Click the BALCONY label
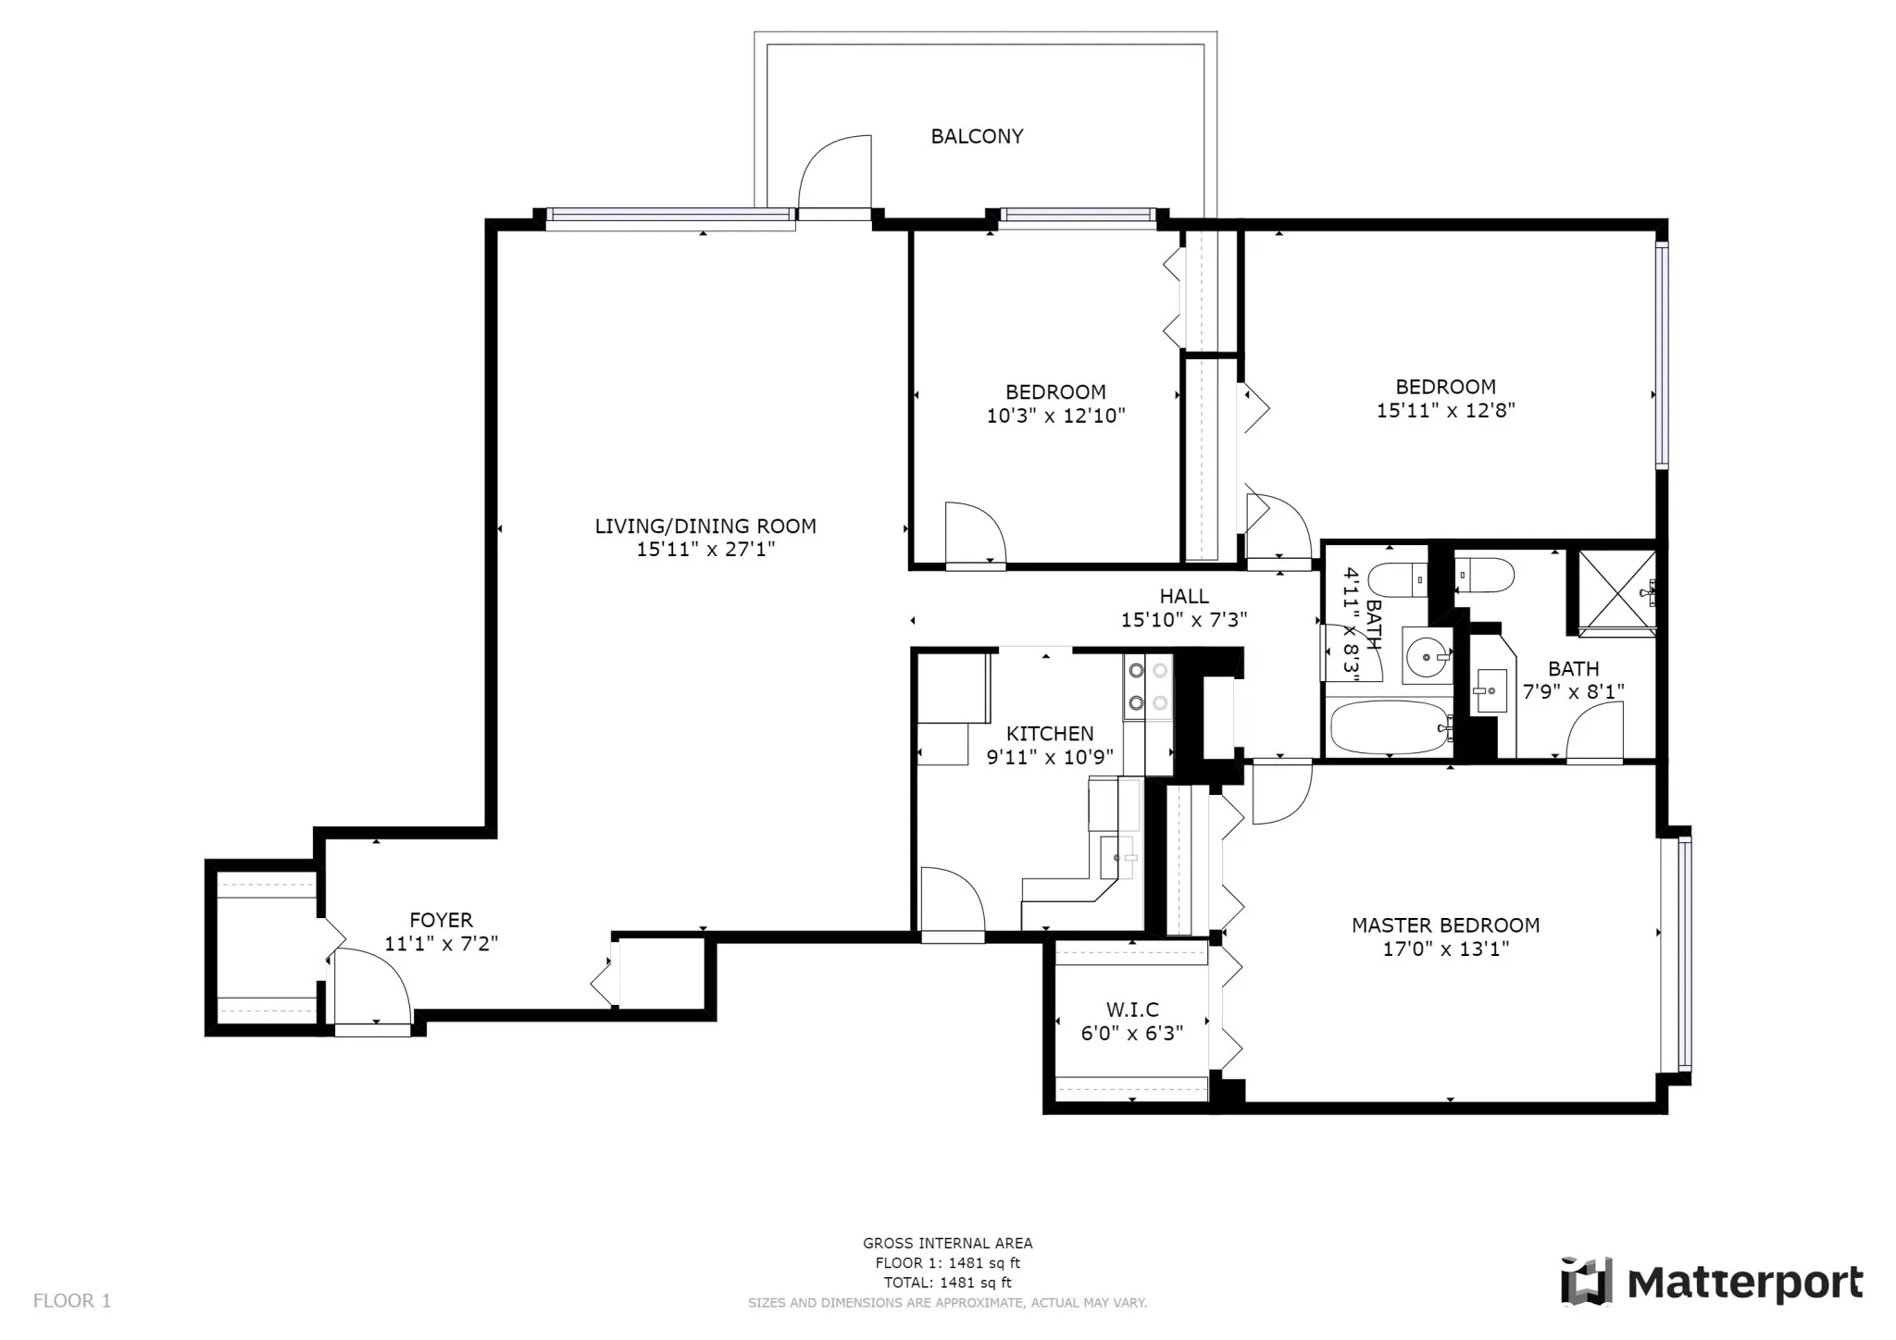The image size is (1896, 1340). [977, 136]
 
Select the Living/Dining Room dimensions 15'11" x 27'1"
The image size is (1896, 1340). [705, 550]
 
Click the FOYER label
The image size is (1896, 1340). [442, 920]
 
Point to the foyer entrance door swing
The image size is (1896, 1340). [370, 986]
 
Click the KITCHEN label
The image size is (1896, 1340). [1050, 734]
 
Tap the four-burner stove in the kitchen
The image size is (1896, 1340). [1148, 687]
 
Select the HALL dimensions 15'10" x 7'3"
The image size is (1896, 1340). [1184, 620]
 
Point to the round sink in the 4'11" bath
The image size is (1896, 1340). [1427, 656]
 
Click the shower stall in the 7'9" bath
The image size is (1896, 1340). [1616, 591]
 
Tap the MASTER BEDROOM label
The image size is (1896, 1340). [1445, 925]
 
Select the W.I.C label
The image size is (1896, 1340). [1132, 1010]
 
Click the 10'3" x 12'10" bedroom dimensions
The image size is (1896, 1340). [1055, 416]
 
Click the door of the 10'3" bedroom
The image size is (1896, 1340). [974, 535]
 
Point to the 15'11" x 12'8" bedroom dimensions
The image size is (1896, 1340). [1445, 411]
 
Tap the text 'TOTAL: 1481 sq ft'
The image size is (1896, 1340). [947, 1283]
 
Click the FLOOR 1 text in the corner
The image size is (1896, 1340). [72, 1301]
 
